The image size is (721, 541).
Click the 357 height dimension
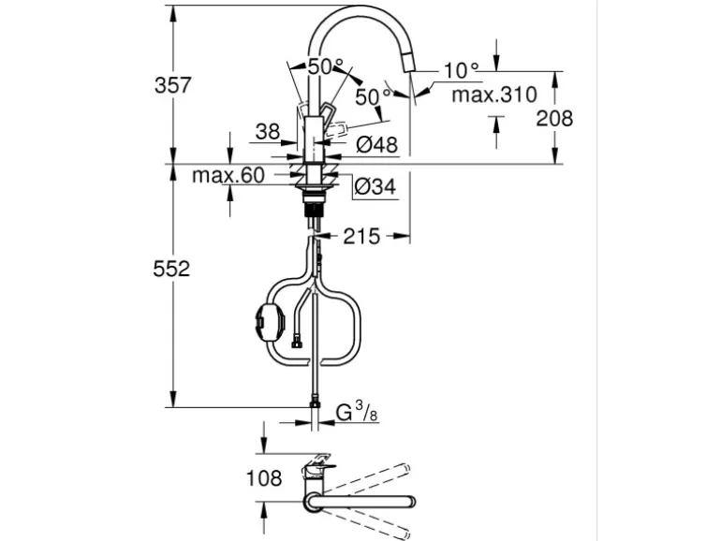(x=172, y=85)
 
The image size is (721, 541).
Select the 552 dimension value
(x=171, y=269)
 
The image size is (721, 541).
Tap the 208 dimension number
(x=554, y=119)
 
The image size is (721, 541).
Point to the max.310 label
(x=494, y=95)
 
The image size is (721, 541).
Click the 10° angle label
(x=462, y=70)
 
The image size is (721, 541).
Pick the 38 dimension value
(x=268, y=132)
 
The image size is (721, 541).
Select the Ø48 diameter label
(x=376, y=145)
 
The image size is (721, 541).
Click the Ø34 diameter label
(x=375, y=186)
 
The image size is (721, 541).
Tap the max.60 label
(x=228, y=175)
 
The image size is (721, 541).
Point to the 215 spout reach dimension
(x=361, y=236)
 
